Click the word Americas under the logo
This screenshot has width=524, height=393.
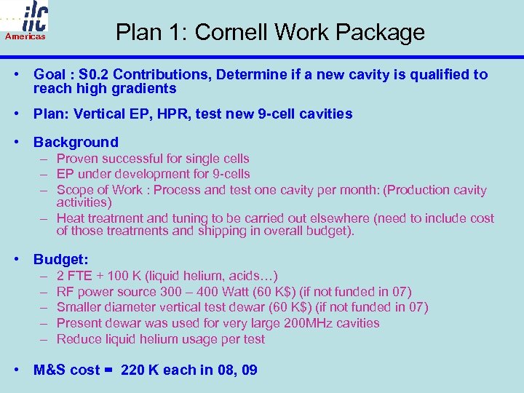click(25, 36)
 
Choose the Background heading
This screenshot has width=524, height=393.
click(76, 142)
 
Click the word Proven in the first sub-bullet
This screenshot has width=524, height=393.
click(77, 159)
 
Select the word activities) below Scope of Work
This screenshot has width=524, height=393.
click(84, 202)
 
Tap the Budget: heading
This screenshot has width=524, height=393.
click(61, 259)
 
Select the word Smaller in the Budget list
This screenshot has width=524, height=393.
click(79, 307)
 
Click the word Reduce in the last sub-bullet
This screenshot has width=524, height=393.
click(79, 339)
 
